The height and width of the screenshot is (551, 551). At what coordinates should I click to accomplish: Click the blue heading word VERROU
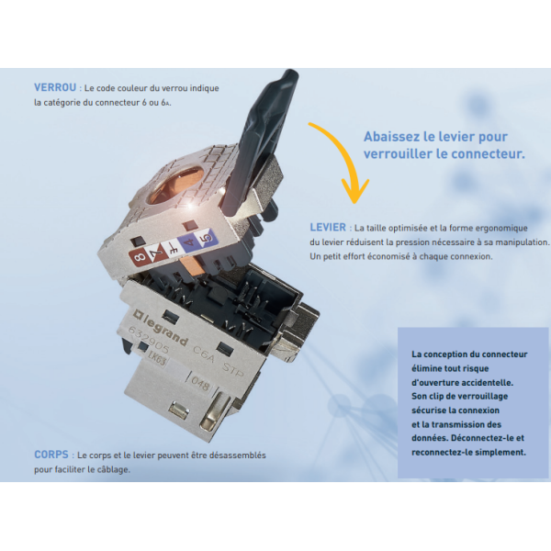pyautogui.click(x=55, y=87)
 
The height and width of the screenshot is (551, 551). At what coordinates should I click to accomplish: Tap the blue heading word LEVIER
pyautogui.click(x=328, y=228)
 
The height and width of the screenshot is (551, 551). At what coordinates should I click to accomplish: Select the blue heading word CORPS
pyautogui.click(x=51, y=455)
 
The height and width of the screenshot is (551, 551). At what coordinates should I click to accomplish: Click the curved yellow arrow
pyautogui.click(x=343, y=154)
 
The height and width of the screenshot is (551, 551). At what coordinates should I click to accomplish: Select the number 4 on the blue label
pyautogui.click(x=190, y=242)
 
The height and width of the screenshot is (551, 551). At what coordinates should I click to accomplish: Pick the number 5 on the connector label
pyautogui.click(x=208, y=238)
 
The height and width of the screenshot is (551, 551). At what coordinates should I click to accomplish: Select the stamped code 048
pyautogui.click(x=199, y=385)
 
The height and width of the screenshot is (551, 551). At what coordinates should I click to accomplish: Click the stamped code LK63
pyautogui.click(x=156, y=361)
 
